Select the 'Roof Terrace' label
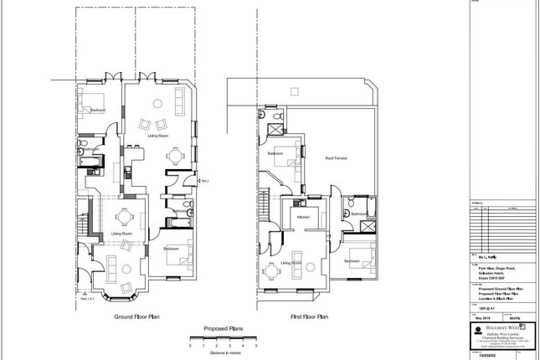click(x=337, y=158)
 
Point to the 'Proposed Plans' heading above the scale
click(x=223, y=330)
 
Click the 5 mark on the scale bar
click(x=255, y=345)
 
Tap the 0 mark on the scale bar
click(x=190, y=345)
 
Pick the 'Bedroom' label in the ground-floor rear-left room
click(x=98, y=111)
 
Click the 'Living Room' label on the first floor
click(x=291, y=263)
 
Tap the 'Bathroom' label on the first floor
click(x=360, y=214)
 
